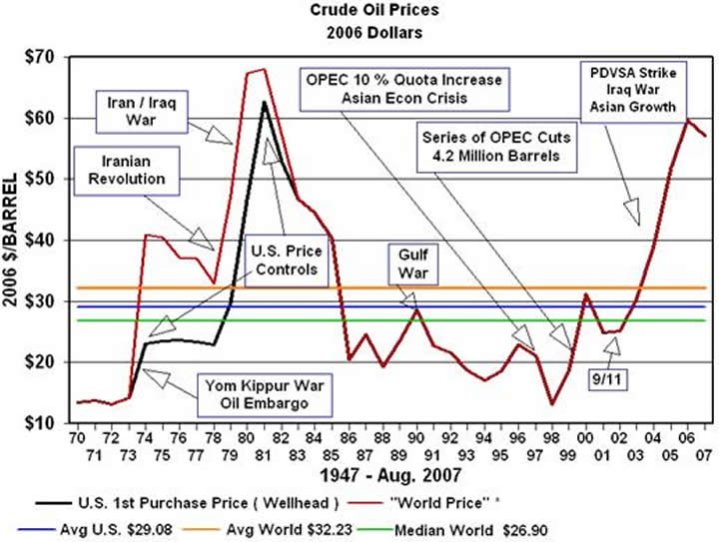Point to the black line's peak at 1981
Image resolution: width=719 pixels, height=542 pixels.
[x=264, y=102]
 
